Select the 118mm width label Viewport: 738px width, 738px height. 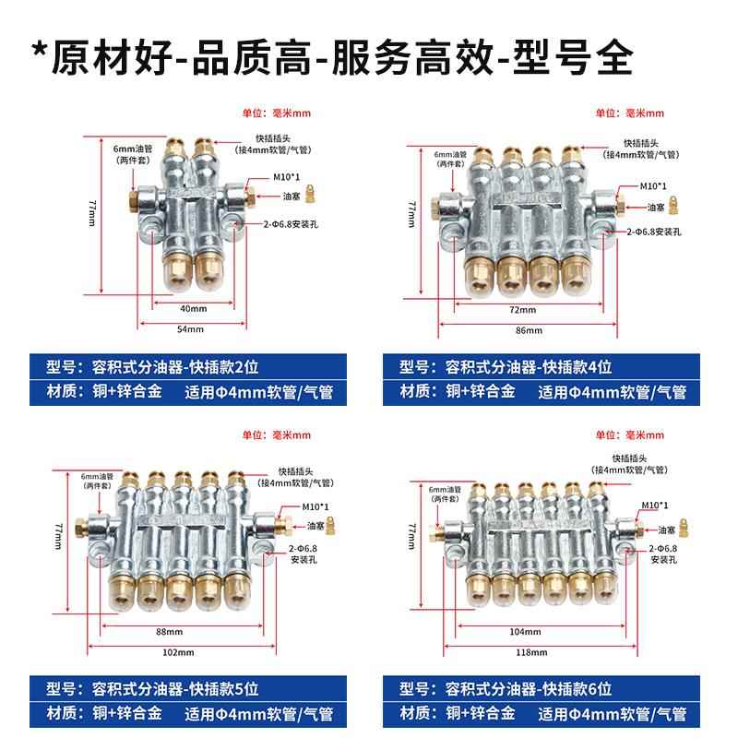[x=529, y=651]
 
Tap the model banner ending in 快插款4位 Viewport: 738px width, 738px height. [x=522, y=366]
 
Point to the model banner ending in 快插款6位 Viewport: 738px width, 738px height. [x=522, y=686]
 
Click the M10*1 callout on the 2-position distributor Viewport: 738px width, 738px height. [x=274, y=181]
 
